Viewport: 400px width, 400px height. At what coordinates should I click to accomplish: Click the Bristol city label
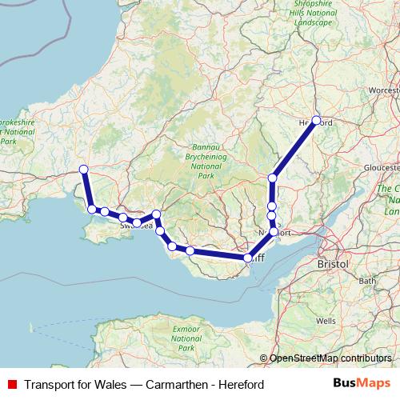point(332,263)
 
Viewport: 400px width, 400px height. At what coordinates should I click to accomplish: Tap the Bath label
point(367,281)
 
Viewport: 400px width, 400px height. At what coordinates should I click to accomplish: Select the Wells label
point(326,320)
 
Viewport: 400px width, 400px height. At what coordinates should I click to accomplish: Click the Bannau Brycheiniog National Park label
point(206,161)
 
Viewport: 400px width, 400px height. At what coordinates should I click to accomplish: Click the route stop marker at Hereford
point(316,121)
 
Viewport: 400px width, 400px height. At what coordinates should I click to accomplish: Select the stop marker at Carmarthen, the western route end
point(83,169)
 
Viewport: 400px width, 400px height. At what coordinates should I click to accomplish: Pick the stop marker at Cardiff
point(248,258)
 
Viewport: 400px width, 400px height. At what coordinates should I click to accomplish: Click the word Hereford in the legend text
point(238,385)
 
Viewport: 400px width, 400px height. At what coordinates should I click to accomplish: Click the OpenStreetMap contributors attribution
point(330,359)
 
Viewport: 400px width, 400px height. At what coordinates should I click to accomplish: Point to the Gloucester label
point(380,169)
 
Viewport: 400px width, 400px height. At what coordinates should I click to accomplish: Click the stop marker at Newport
point(274,232)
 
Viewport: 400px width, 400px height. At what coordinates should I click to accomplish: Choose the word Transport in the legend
point(51,385)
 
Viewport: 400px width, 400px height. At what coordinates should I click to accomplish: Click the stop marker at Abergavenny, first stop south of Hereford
point(273,178)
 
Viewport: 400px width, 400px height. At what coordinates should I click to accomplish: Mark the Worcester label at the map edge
point(384,91)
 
